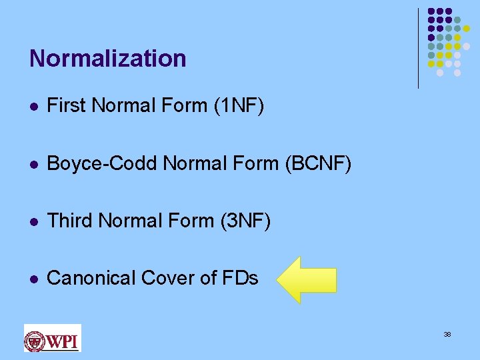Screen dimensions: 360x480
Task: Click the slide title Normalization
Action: [107, 59]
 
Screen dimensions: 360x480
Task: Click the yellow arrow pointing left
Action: [307, 280]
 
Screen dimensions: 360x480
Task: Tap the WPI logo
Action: [52, 338]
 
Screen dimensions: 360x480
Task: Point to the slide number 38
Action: [447, 334]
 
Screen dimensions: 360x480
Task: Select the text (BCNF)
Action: [317, 163]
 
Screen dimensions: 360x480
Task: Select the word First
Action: [67, 105]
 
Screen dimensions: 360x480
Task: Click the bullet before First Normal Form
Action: [33, 106]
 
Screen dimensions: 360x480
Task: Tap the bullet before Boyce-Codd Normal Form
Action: [33, 164]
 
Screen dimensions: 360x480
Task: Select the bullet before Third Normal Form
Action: [33, 221]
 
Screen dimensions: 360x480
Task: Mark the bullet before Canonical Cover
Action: [33, 279]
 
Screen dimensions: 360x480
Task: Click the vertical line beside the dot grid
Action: [418, 48]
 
